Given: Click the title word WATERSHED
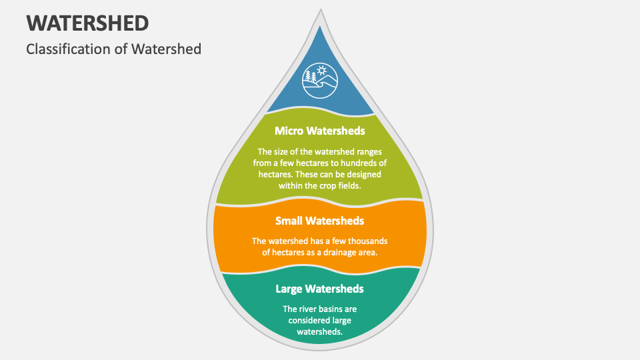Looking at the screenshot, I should point(87,23).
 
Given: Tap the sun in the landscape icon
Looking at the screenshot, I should point(323,71).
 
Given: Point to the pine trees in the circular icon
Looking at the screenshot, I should point(310,78).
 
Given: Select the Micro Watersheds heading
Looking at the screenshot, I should point(320,131).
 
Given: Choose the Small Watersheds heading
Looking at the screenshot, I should point(320,220).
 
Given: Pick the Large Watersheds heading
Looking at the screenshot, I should point(320,289).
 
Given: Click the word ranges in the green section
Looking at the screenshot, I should point(367,151).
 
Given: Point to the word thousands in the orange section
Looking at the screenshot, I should point(366,241).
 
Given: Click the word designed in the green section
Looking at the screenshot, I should point(363,174).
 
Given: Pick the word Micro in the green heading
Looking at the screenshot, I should point(289,131).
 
